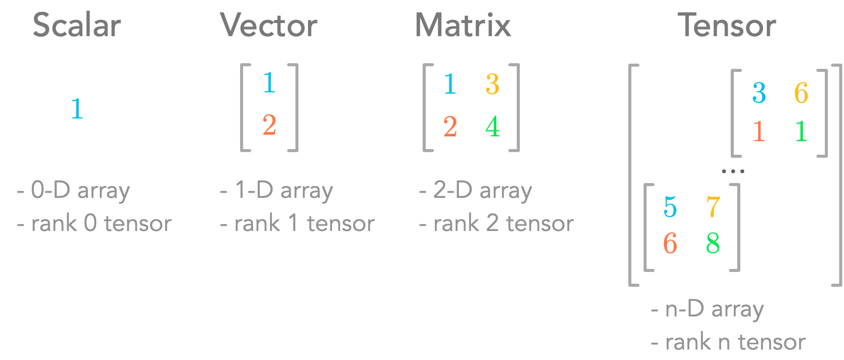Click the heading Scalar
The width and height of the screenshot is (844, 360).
77,25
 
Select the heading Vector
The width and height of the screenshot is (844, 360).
269,25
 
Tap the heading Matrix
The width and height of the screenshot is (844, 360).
463,25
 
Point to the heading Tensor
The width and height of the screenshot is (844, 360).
726,25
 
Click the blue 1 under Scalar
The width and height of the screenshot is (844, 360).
77,108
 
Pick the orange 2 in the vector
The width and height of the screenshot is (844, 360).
269,125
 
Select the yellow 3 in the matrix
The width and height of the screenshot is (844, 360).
492,84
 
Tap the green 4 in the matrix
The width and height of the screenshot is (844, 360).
492,126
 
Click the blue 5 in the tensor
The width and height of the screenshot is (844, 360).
670,207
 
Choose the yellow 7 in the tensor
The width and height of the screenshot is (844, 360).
713,207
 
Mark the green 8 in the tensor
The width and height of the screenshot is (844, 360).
713,243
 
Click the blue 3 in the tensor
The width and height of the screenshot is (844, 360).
759,92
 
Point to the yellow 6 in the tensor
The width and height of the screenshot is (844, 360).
801,92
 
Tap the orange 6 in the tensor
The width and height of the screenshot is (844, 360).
670,243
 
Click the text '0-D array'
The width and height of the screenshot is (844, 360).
80,190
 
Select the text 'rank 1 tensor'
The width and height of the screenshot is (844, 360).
304,224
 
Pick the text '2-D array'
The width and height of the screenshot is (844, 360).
482,190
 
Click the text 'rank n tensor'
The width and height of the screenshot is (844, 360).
735,342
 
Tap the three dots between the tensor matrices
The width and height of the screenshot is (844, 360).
733,172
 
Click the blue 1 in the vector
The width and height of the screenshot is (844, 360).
269,82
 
